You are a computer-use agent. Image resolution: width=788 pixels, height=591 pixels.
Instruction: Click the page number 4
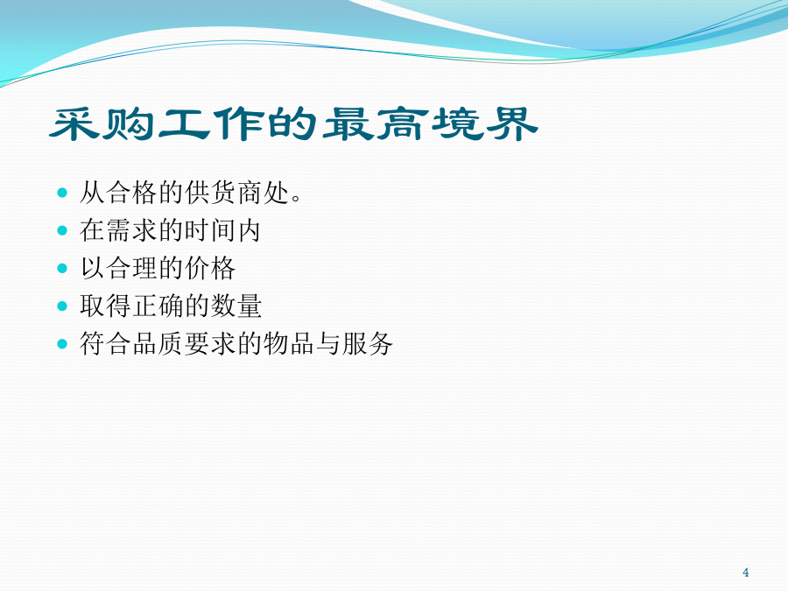[746, 573]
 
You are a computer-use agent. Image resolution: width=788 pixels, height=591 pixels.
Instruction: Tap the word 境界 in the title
[485, 123]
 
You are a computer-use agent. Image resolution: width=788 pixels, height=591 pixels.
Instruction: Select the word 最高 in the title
[376, 123]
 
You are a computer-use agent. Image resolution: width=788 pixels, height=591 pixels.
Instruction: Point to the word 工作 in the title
[211, 123]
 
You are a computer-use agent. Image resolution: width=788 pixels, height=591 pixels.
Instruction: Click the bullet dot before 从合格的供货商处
[62, 193]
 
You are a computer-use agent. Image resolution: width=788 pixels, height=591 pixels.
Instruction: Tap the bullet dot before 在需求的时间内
[62, 230]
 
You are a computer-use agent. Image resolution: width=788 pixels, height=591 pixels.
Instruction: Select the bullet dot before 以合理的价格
[62, 268]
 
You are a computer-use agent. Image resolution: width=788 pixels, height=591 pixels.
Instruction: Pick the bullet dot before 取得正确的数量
[62, 306]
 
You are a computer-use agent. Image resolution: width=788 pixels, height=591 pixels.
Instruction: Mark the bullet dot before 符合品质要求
[62, 344]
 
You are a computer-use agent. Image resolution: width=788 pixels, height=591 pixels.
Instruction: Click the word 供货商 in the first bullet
[223, 193]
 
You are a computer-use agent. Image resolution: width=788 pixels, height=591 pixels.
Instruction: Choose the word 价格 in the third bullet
[210, 268]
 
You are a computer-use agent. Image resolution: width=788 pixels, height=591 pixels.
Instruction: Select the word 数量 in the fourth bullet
[236, 306]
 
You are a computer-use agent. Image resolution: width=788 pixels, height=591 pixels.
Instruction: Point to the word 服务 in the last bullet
[368, 344]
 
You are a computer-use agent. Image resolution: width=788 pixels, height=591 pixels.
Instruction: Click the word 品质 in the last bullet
[158, 344]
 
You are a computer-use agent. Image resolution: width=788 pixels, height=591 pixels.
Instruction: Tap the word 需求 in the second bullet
[132, 230]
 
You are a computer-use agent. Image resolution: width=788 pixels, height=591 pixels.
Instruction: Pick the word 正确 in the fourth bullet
[158, 306]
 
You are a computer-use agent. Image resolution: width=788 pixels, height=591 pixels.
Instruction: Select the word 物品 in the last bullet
[289, 344]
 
